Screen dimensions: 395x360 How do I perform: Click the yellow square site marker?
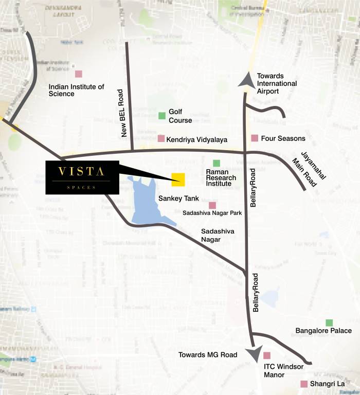pos(178,179)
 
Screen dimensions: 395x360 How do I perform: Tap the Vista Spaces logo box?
pos(82,177)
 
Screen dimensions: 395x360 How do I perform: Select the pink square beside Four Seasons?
pos(254,138)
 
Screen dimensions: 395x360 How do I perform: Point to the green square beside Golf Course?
pos(162,116)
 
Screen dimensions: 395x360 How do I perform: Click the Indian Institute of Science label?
pos(76,91)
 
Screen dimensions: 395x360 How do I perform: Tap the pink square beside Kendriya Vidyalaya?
pos(161,139)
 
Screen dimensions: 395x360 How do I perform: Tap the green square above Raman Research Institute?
pos(217,163)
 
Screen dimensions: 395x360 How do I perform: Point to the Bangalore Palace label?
pos(323,331)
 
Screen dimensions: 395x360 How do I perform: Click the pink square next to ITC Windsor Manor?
pos(267,355)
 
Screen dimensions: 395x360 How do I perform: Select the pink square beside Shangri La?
pos(304,384)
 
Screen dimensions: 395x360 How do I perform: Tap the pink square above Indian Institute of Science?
pos(79,74)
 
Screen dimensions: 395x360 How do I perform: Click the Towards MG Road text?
pos(208,355)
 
